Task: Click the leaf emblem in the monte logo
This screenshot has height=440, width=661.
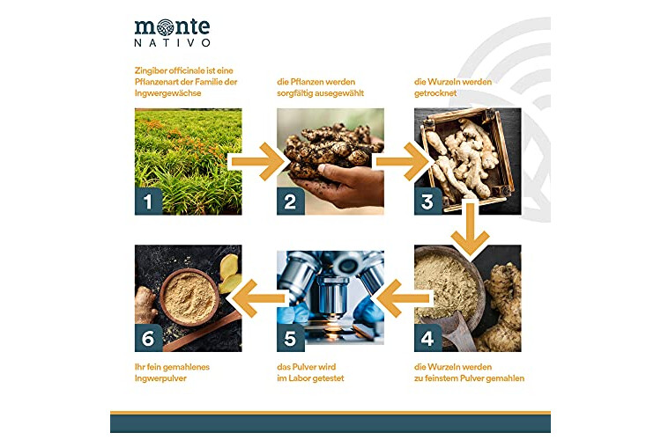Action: pos(165,27)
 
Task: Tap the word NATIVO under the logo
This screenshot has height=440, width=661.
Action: pos(172,43)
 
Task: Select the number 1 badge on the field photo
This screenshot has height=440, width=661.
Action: pos(148,202)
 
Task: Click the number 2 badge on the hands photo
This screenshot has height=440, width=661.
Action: pos(291,202)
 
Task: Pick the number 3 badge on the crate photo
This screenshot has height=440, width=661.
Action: pos(427,202)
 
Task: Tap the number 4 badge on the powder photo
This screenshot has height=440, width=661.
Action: pos(427,338)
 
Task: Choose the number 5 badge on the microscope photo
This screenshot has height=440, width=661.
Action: pos(291,338)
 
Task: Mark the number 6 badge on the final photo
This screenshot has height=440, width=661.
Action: pos(148,338)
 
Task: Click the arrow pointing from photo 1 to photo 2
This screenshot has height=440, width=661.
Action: pos(258,162)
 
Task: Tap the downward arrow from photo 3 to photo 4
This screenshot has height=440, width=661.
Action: pos(470,227)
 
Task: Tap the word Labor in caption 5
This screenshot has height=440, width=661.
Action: pos(299,378)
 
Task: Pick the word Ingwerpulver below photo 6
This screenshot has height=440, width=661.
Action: pos(160,378)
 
